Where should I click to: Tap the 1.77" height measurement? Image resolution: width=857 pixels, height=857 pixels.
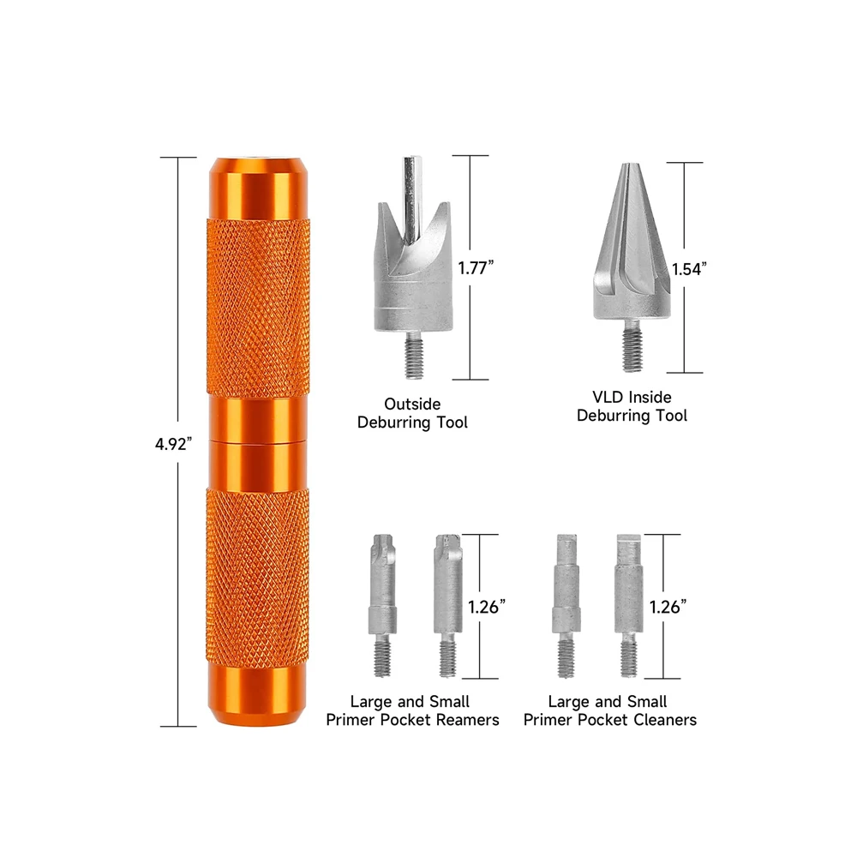coord(476,267)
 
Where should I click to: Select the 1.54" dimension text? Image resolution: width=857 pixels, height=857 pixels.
coord(689,268)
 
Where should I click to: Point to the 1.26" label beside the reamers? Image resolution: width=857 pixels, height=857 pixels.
coord(486,606)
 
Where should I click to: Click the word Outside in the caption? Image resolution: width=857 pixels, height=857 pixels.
coord(413,404)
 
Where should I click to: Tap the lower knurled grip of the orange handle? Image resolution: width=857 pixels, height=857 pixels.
coord(257,574)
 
